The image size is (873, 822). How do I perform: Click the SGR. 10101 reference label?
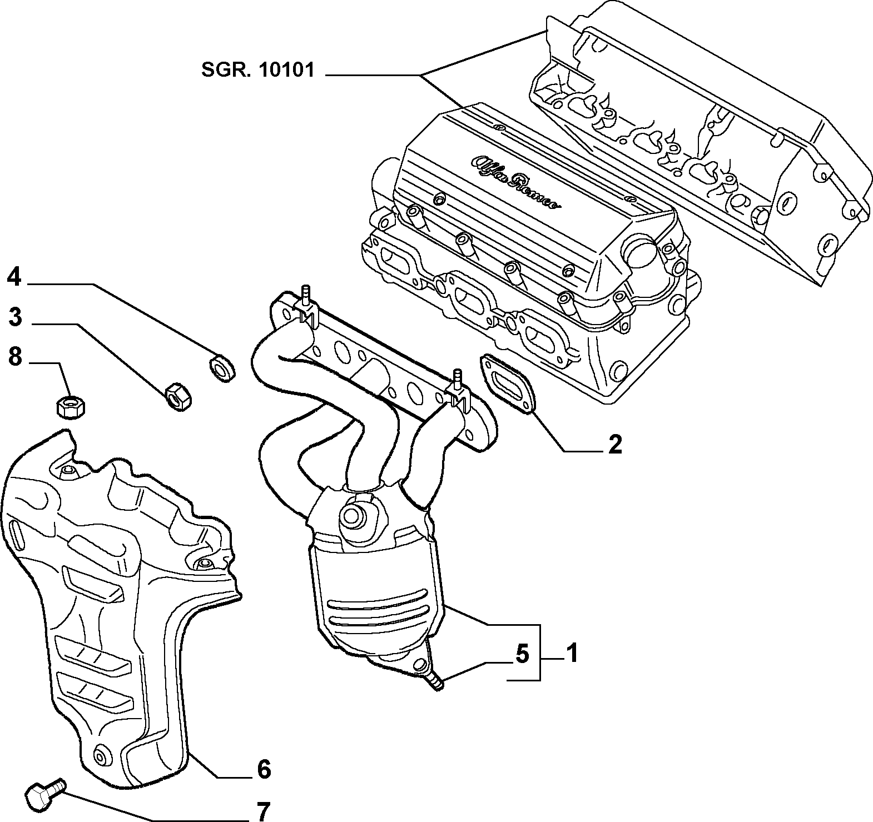click(x=257, y=70)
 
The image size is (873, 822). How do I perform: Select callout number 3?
click(x=14, y=317)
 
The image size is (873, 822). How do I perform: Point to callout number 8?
click(x=14, y=357)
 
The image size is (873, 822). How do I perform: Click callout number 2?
click(x=614, y=444)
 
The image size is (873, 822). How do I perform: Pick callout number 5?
click(x=522, y=654)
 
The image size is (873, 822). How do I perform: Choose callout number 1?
click(x=572, y=653)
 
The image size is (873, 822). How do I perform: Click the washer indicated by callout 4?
click(x=221, y=367)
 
